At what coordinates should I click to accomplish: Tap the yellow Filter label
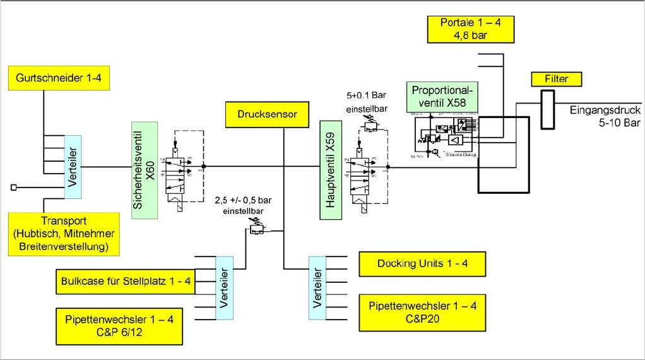tap(555, 79)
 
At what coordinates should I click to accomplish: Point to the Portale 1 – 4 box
tap(470, 29)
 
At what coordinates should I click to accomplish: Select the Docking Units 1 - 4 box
tap(422, 263)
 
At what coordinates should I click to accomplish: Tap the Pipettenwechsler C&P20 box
tap(422, 313)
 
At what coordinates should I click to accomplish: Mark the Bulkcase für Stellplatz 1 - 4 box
tap(126, 280)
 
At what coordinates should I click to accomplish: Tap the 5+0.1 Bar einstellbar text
tap(366, 103)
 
